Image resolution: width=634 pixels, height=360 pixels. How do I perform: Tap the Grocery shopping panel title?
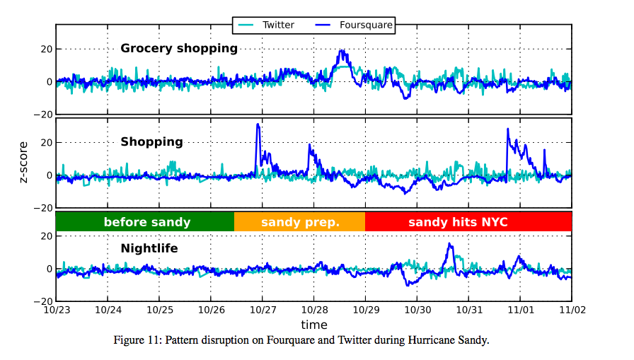tap(179, 49)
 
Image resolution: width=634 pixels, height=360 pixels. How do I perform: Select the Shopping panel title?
tap(151, 141)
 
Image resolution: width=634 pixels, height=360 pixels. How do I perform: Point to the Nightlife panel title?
tap(149, 248)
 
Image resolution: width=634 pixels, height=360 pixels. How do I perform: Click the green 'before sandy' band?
tap(146, 222)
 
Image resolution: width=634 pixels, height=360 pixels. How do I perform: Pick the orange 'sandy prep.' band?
tap(300, 222)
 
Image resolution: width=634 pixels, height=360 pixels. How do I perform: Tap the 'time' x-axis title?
tap(313, 325)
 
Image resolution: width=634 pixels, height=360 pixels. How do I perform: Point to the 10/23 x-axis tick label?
tap(56, 310)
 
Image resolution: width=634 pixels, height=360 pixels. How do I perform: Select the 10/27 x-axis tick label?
tap(263, 310)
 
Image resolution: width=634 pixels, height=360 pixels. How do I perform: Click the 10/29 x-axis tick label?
tap(365, 310)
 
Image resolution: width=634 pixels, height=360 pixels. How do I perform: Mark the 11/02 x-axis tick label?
tap(571, 310)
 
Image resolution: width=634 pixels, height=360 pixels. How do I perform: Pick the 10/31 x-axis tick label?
tap(468, 310)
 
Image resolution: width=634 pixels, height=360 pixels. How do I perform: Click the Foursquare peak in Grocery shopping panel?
tap(342, 51)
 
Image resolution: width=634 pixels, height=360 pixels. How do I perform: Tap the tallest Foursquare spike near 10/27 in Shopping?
tap(258, 124)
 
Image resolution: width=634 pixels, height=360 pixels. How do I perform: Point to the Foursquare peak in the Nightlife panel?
tap(450, 244)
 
